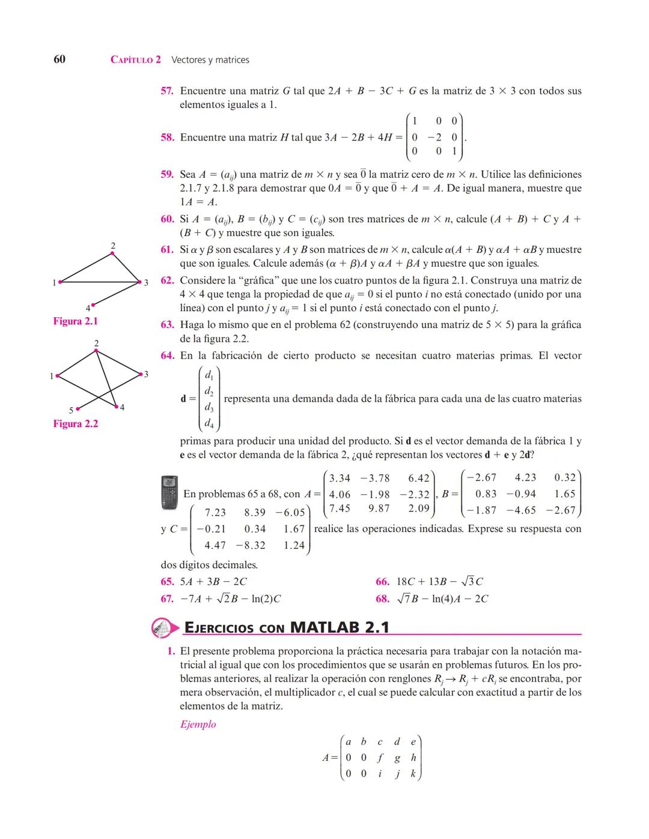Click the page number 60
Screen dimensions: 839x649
point(59,59)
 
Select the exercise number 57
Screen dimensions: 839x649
point(167,91)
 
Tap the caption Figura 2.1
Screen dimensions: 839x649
point(75,321)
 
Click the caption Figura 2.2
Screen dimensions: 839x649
point(75,424)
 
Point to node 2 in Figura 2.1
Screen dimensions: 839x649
point(112,253)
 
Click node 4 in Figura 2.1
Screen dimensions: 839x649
point(93,305)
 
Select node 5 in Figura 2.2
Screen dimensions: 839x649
point(78,408)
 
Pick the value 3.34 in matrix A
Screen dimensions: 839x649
point(340,478)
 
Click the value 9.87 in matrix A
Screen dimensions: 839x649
point(379,509)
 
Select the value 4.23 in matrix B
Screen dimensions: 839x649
point(525,477)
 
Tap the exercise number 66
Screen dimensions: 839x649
point(382,581)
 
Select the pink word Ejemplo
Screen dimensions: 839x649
point(198,724)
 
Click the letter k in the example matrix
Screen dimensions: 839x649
point(413,774)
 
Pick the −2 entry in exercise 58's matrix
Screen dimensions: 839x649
point(434,137)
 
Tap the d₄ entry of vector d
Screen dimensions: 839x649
point(209,423)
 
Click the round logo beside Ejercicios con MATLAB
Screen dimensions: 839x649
point(163,627)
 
